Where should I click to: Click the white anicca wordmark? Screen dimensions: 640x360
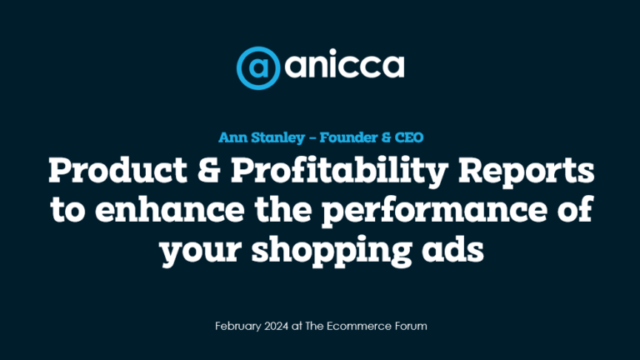(344, 64)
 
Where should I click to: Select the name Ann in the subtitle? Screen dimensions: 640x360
(232, 137)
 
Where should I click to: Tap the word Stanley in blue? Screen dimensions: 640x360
(278, 138)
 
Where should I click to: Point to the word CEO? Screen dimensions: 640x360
(409, 137)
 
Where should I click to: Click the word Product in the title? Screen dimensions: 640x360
(117, 170)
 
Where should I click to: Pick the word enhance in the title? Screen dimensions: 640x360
(170, 208)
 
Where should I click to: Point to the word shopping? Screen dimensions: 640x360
(331, 250)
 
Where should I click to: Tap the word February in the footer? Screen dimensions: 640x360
(238, 326)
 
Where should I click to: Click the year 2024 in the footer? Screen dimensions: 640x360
(277, 326)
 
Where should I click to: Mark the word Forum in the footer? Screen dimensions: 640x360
(411, 326)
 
